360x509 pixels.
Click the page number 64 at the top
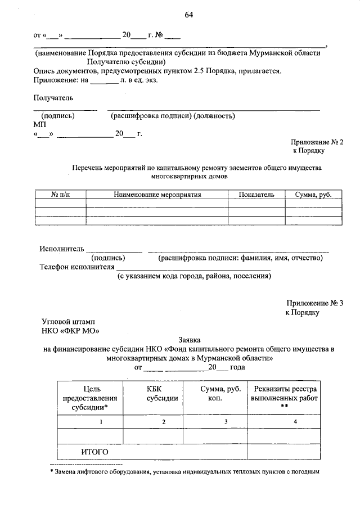click(188, 15)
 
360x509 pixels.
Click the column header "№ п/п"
click(61, 195)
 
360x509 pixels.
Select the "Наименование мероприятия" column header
click(157, 195)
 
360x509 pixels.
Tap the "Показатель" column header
click(256, 195)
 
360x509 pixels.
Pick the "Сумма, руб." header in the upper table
click(313, 195)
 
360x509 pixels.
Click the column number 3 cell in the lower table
click(225, 422)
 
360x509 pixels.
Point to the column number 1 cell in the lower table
click(101, 422)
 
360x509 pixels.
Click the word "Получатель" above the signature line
click(53, 98)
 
